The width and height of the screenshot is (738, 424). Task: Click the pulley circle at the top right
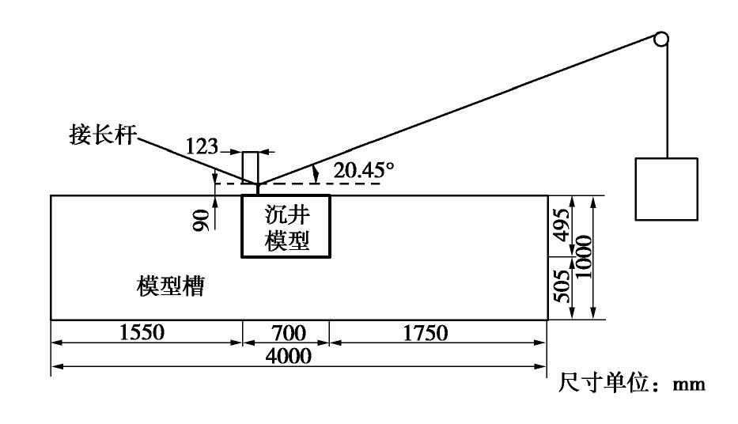(x=661, y=39)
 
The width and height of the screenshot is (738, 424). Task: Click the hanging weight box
(x=666, y=189)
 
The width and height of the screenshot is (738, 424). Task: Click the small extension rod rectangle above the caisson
(x=250, y=167)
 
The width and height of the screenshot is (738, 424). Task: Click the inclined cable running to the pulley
(x=459, y=112)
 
